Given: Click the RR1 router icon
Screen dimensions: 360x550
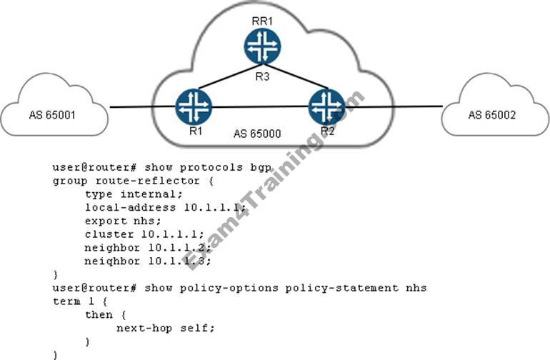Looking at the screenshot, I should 261,47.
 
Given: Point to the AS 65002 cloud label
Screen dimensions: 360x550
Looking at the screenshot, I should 493,114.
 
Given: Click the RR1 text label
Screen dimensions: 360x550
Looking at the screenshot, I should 262,20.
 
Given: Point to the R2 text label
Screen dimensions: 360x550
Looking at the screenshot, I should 328,131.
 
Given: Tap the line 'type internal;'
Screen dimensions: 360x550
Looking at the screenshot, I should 129,194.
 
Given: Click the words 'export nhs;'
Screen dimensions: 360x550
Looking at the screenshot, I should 116,221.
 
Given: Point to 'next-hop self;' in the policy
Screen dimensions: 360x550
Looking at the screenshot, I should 165,328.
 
